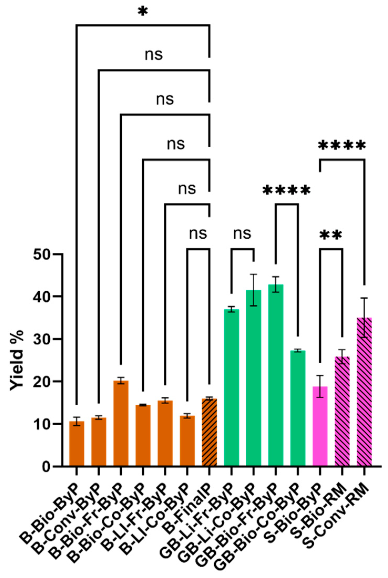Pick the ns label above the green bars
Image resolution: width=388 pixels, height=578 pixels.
coord(242,233)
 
